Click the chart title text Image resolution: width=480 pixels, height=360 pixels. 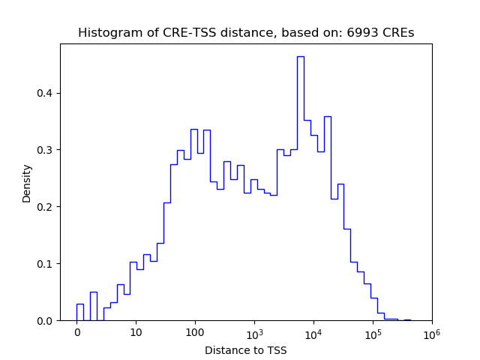[x=246, y=33]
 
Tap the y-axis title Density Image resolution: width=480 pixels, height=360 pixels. [x=27, y=182]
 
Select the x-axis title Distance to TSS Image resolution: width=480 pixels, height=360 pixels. [x=246, y=350]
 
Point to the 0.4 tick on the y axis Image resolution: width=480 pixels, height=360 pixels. [x=46, y=93]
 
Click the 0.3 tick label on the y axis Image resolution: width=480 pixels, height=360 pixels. [x=46, y=150]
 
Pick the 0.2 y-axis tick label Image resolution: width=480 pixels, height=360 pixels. [x=46, y=207]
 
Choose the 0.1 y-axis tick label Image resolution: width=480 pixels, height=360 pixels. [x=46, y=264]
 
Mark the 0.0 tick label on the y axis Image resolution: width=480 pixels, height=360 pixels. [x=46, y=321]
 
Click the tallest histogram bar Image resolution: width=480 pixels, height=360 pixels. [x=300, y=187]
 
